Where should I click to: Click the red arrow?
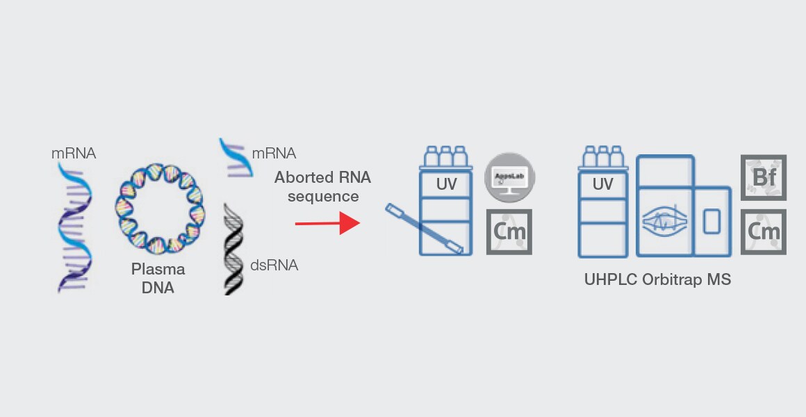pos(327,224)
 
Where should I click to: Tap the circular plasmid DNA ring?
pos(158,199)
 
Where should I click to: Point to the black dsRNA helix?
pos(234,247)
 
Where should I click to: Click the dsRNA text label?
pos(274,265)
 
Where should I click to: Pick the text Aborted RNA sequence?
pos(322,186)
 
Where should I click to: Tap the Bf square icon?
pos(764,178)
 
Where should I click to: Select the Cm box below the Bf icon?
pos(764,231)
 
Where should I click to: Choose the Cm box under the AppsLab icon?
pos(509,231)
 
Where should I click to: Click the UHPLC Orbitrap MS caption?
pos(657,280)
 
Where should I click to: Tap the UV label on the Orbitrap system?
pos(602,184)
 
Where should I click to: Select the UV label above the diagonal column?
pos(446,184)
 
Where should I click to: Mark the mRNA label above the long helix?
pos(74,153)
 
